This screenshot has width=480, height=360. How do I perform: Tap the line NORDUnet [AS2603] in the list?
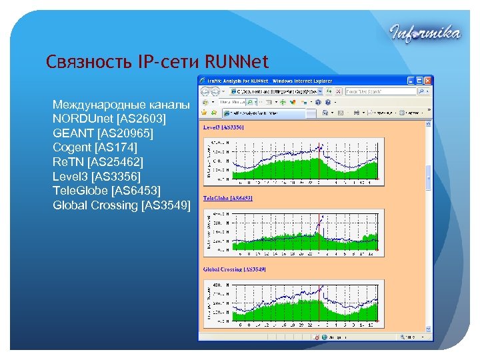click(x=109, y=119)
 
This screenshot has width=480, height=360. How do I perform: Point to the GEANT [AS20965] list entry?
click(x=103, y=133)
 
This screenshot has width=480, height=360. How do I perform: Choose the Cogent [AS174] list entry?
click(x=99, y=147)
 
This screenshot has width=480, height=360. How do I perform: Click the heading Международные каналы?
click(x=121, y=105)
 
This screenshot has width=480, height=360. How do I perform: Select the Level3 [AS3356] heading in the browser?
click(x=223, y=127)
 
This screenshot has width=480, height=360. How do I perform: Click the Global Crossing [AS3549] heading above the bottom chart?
click(x=235, y=269)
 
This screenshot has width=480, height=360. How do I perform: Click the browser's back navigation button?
click(x=204, y=91)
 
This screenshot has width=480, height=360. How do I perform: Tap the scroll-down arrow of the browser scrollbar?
click(x=429, y=337)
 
